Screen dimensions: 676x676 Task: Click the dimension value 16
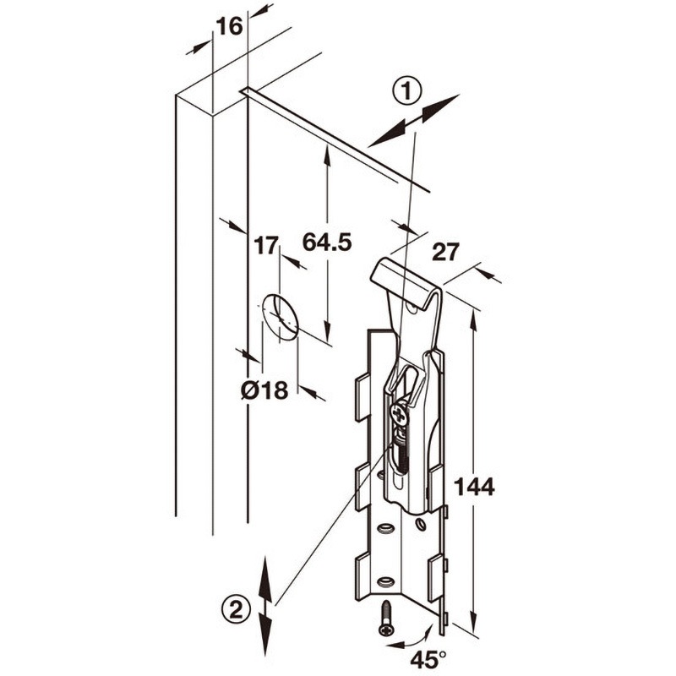[x=229, y=26]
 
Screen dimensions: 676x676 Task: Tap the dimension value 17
[x=266, y=246]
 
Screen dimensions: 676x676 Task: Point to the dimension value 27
[x=446, y=252]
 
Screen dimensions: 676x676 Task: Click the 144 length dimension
[x=474, y=488]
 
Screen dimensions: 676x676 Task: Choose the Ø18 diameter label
[x=264, y=391]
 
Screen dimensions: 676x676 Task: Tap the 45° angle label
[x=428, y=660]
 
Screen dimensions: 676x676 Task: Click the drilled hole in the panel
[x=281, y=318]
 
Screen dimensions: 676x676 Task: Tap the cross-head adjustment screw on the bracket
[x=399, y=416]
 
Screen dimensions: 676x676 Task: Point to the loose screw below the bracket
[x=385, y=618]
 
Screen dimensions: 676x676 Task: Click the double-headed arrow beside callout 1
[x=413, y=121]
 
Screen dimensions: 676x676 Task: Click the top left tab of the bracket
[x=363, y=397]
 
